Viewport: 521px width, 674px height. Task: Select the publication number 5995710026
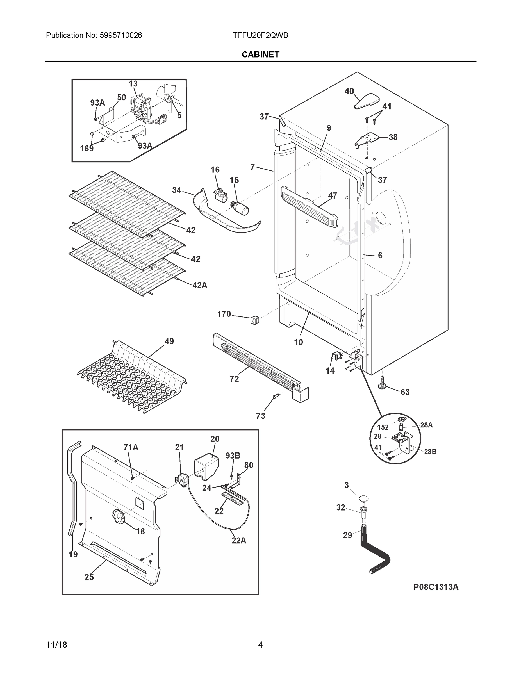pos(120,35)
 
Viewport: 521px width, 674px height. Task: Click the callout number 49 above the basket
pos(169,341)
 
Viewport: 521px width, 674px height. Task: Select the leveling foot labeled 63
pos(383,384)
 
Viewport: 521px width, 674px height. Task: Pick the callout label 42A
pos(200,285)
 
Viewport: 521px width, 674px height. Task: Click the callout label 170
pos(224,314)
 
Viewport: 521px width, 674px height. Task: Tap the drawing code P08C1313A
pos(436,587)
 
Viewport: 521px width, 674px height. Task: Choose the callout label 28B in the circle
pos(430,452)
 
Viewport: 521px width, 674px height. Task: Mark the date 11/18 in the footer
pos(56,645)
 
